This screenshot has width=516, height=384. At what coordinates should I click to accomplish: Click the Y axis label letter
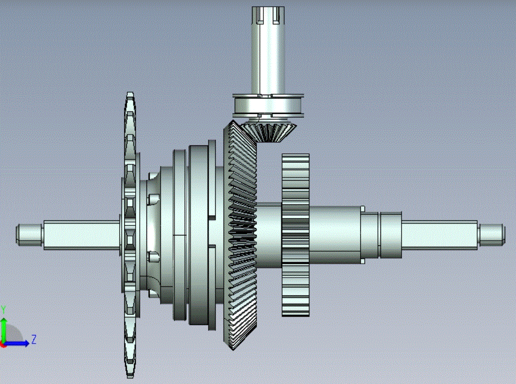[3, 310]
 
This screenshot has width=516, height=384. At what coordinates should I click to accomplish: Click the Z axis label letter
[34, 339]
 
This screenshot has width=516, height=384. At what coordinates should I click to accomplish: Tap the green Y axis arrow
[4, 330]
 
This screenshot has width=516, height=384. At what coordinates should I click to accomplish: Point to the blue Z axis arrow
[17, 344]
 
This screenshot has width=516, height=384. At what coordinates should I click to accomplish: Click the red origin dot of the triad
[3, 345]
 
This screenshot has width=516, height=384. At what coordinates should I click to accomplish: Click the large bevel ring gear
[240, 234]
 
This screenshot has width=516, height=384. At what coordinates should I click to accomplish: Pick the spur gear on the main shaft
[296, 235]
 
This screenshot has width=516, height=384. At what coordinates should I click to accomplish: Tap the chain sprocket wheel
[130, 235]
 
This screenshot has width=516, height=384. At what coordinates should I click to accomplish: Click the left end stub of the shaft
[30, 235]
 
